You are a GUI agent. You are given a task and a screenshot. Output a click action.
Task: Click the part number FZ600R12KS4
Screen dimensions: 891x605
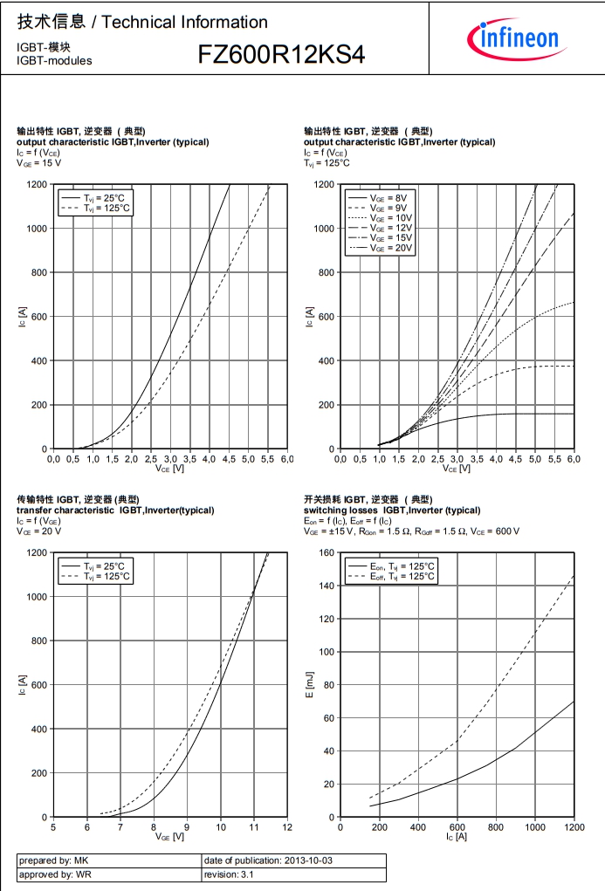point(280,55)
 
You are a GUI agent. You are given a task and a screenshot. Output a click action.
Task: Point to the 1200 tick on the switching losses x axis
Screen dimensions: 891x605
point(574,827)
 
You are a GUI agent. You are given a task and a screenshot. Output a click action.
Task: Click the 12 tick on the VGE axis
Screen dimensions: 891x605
point(288,827)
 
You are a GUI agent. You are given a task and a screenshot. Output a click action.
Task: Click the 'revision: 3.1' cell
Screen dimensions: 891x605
point(230,874)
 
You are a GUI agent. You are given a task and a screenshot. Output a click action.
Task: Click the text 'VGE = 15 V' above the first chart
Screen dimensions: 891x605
point(38,163)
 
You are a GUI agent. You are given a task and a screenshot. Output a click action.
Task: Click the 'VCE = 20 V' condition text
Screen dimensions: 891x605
point(39,531)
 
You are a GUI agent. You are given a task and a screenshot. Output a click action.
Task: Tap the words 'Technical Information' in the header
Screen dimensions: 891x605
point(185,23)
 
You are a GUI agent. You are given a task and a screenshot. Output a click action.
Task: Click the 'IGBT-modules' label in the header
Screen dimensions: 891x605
point(54,60)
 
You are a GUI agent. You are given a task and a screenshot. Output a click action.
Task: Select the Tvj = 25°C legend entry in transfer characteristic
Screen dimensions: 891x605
point(107,565)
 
